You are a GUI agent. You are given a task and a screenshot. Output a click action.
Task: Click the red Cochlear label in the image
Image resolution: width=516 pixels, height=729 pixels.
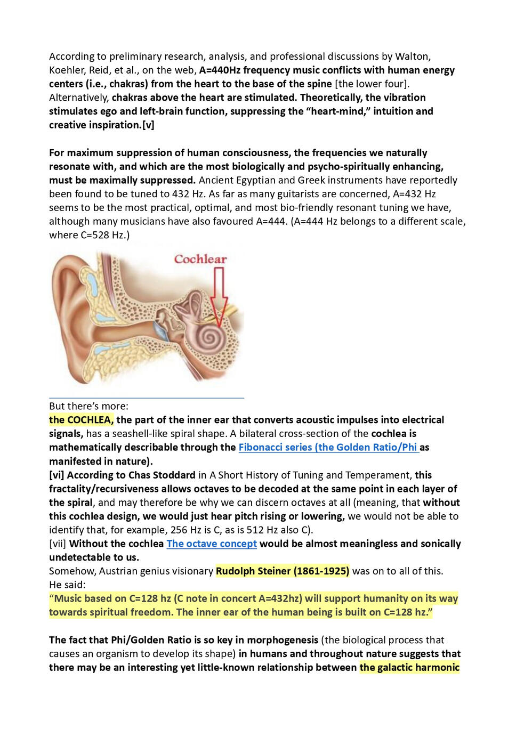[200, 260]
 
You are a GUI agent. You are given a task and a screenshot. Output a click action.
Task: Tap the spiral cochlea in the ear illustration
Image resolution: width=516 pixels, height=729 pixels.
[211, 337]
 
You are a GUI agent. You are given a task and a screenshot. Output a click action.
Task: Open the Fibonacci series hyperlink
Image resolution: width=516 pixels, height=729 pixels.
[328, 447]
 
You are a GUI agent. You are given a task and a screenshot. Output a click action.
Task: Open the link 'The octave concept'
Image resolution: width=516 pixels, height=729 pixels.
[212, 544]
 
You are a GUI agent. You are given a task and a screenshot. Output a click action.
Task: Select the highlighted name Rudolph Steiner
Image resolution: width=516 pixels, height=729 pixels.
[283, 571]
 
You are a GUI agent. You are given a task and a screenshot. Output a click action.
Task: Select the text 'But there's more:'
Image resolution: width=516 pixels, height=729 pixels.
[88, 406]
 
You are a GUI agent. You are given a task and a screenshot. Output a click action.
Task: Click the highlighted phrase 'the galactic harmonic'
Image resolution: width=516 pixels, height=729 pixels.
[409, 668]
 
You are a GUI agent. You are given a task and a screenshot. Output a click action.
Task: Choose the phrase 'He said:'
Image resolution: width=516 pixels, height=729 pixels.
[67, 585]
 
